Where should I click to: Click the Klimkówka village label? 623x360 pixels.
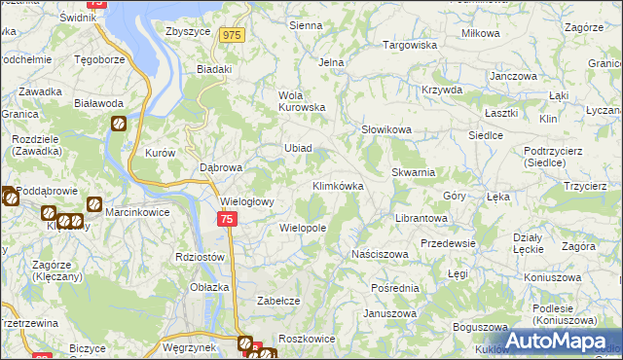[x=338, y=185]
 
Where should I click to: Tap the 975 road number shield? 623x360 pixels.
[x=231, y=35]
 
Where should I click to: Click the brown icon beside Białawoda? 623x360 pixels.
[x=118, y=124]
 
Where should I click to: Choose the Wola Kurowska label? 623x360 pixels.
[x=302, y=101]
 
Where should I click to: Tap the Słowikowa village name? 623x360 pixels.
[x=386, y=129]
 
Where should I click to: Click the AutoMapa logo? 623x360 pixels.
[x=560, y=341]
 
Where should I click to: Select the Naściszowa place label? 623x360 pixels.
[x=380, y=254]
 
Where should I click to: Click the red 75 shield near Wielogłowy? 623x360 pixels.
[x=226, y=221]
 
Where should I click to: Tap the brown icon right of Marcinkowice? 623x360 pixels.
[x=94, y=204]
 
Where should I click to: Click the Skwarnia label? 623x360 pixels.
[x=413, y=171]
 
